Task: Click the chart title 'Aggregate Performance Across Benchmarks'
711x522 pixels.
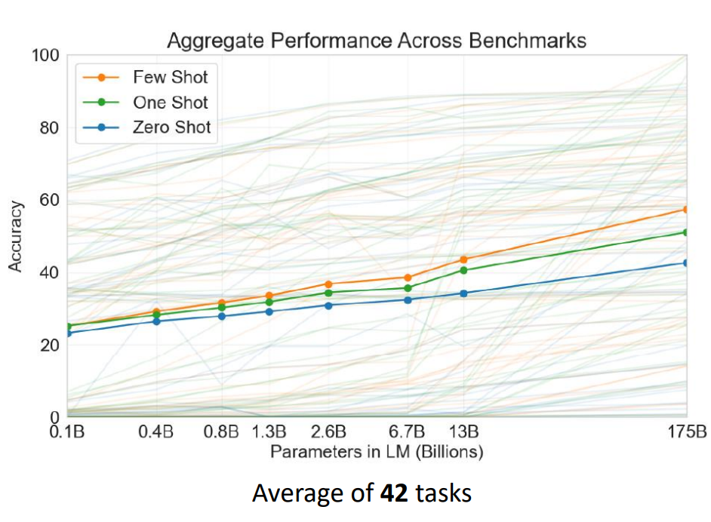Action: pyautogui.click(x=377, y=40)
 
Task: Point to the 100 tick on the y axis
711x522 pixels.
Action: pyautogui.click(x=45, y=55)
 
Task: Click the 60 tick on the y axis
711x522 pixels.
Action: pyautogui.click(x=49, y=200)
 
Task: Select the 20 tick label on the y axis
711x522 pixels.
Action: pyautogui.click(x=49, y=345)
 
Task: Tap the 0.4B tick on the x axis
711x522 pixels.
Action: pyautogui.click(x=156, y=431)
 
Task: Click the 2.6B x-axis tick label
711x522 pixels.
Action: pyautogui.click(x=328, y=431)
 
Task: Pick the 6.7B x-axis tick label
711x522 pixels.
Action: pyautogui.click(x=407, y=431)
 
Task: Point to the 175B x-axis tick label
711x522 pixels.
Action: pyautogui.click(x=687, y=431)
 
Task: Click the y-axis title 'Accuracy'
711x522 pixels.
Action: pyautogui.click(x=15, y=237)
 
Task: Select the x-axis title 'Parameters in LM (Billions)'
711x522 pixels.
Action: pyautogui.click(x=377, y=452)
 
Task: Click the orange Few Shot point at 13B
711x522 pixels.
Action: pyautogui.click(x=463, y=259)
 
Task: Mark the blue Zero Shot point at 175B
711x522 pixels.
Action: pyautogui.click(x=686, y=263)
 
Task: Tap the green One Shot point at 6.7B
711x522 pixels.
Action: pyautogui.click(x=407, y=288)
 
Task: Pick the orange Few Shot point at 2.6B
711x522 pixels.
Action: pyautogui.click(x=328, y=284)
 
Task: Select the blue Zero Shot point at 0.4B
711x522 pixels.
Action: pyautogui.click(x=156, y=321)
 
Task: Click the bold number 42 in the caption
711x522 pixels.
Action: pyautogui.click(x=394, y=493)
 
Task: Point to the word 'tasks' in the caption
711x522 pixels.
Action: pyautogui.click(x=444, y=493)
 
